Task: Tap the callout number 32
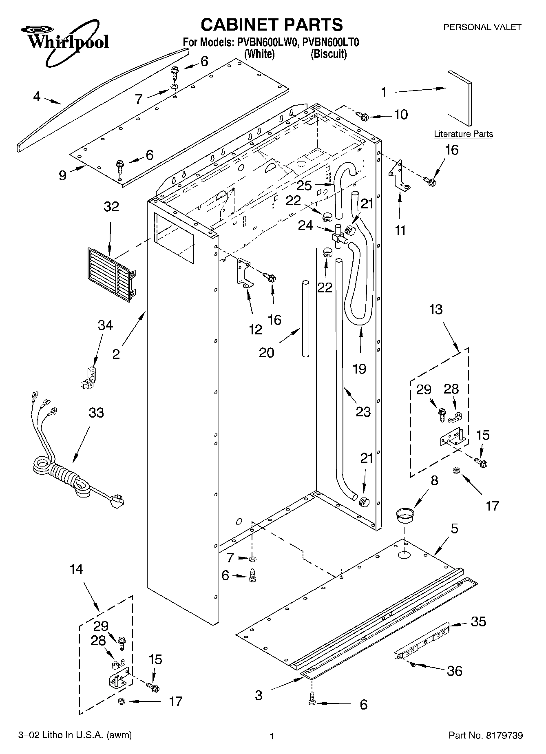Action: (111, 206)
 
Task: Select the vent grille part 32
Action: (111, 274)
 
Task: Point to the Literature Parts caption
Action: (463, 134)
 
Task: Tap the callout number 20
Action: (267, 352)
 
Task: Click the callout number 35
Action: (478, 621)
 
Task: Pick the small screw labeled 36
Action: (413, 665)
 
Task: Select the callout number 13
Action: (435, 310)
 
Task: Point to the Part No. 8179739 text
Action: (485, 736)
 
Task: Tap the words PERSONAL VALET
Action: (482, 27)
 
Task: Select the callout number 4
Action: (37, 97)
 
